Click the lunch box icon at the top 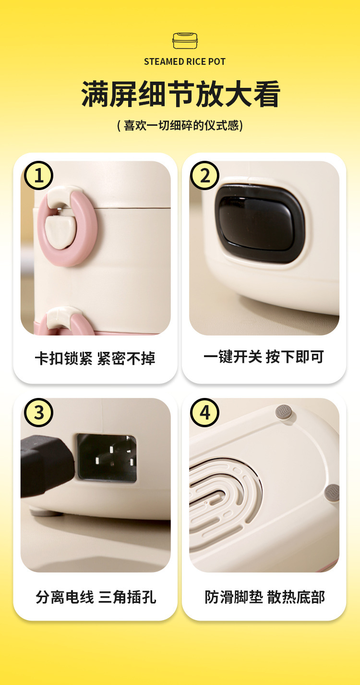pyautogui.click(x=185, y=41)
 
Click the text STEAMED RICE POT pyautogui.click(x=185, y=62)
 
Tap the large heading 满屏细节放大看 pyautogui.click(x=180, y=94)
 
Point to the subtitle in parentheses pyautogui.click(x=180, y=125)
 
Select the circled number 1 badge pyautogui.click(x=38, y=176)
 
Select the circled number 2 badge pyautogui.click(x=204, y=176)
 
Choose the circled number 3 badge pyautogui.click(x=38, y=412)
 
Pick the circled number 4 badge pyautogui.click(x=204, y=412)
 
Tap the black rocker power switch pyautogui.click(x=260, y=223)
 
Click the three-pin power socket pyautogui.click(x=107, y=458)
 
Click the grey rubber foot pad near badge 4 pyautogui.click(x=284, y=413)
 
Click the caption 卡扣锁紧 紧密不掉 pyautogui.click(x=95, y=358)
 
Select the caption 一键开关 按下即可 pyautogui.click(x=264, y=357)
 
